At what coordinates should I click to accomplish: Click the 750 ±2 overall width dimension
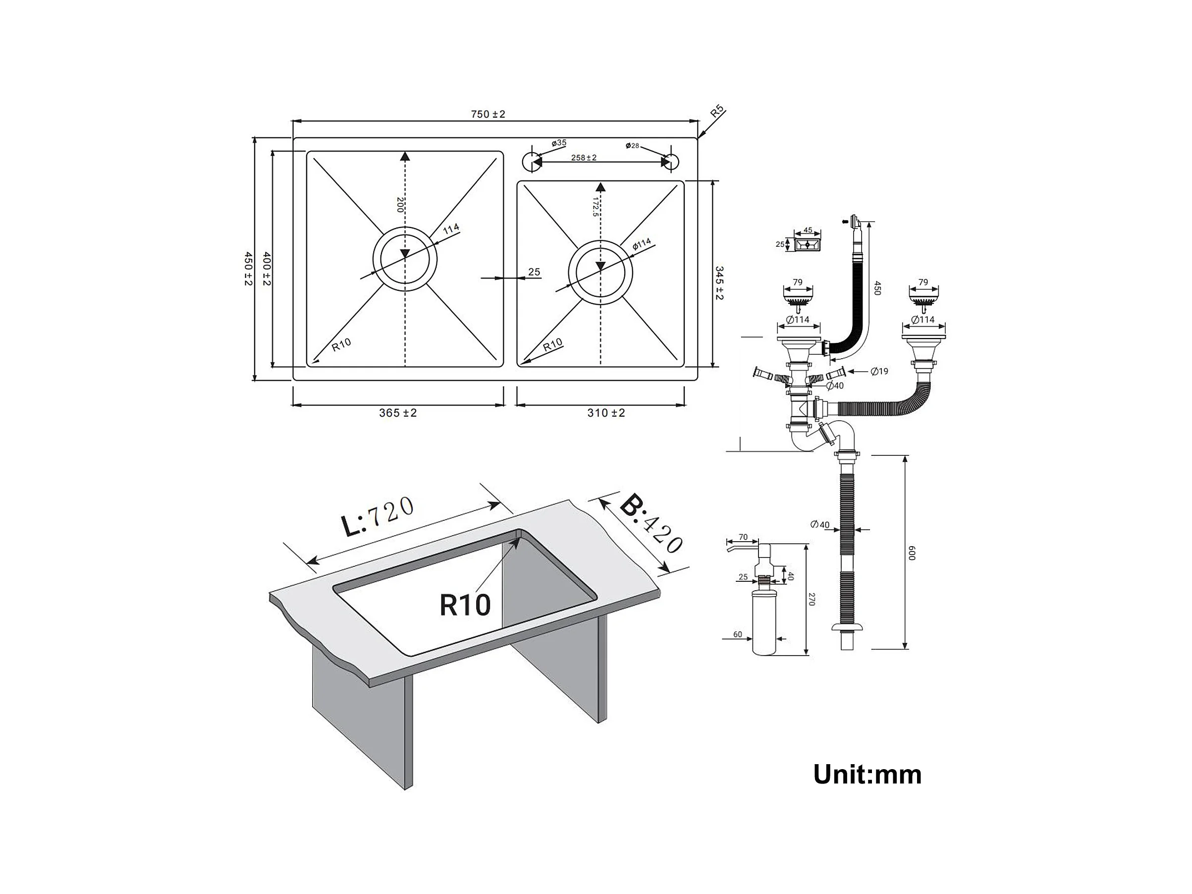pyautogui.click(x=488, y=114)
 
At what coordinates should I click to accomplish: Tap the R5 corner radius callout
pyautogui.click(x=716, y=112)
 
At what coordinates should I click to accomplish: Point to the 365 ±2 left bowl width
pyautogui.click(x=398, y=413)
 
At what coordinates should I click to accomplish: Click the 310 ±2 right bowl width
pyautogui.click(x=606, y=413)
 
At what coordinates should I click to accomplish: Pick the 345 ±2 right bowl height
pyautogui.click(x=719, y=282)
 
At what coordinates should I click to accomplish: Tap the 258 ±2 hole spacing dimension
pyautogui.click(x=584, y=158)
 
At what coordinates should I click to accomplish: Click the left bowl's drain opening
pyautogui.click(x=405, y=259)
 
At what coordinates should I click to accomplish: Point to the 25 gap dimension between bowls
pyautogui.click(x=534, y=272)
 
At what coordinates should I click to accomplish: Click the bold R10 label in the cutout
pyautogui.click(x=465, y=605)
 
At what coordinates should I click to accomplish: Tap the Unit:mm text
pyautogui.click(x=867, y=775)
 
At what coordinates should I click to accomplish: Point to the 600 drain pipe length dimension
pyautogui.click(x=912, y=553)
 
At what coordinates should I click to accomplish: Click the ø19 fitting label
pyautogui.click(x=879, y=371)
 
